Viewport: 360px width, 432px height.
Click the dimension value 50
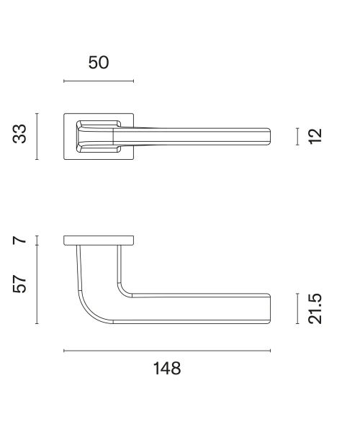coord(99,63)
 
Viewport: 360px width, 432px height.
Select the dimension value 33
coord(19,134)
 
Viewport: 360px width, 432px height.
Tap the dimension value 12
coord(315,136)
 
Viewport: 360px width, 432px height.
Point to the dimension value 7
coord(19,240)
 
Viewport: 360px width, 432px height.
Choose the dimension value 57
coord(19,284)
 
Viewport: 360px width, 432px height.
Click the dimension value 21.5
coord(315,309)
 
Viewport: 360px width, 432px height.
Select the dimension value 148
coord(167,369)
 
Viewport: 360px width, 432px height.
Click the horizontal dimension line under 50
coord(99,81)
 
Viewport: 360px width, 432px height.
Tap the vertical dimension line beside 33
coord(37,136)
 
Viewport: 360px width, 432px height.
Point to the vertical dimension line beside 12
coord(297,136)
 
